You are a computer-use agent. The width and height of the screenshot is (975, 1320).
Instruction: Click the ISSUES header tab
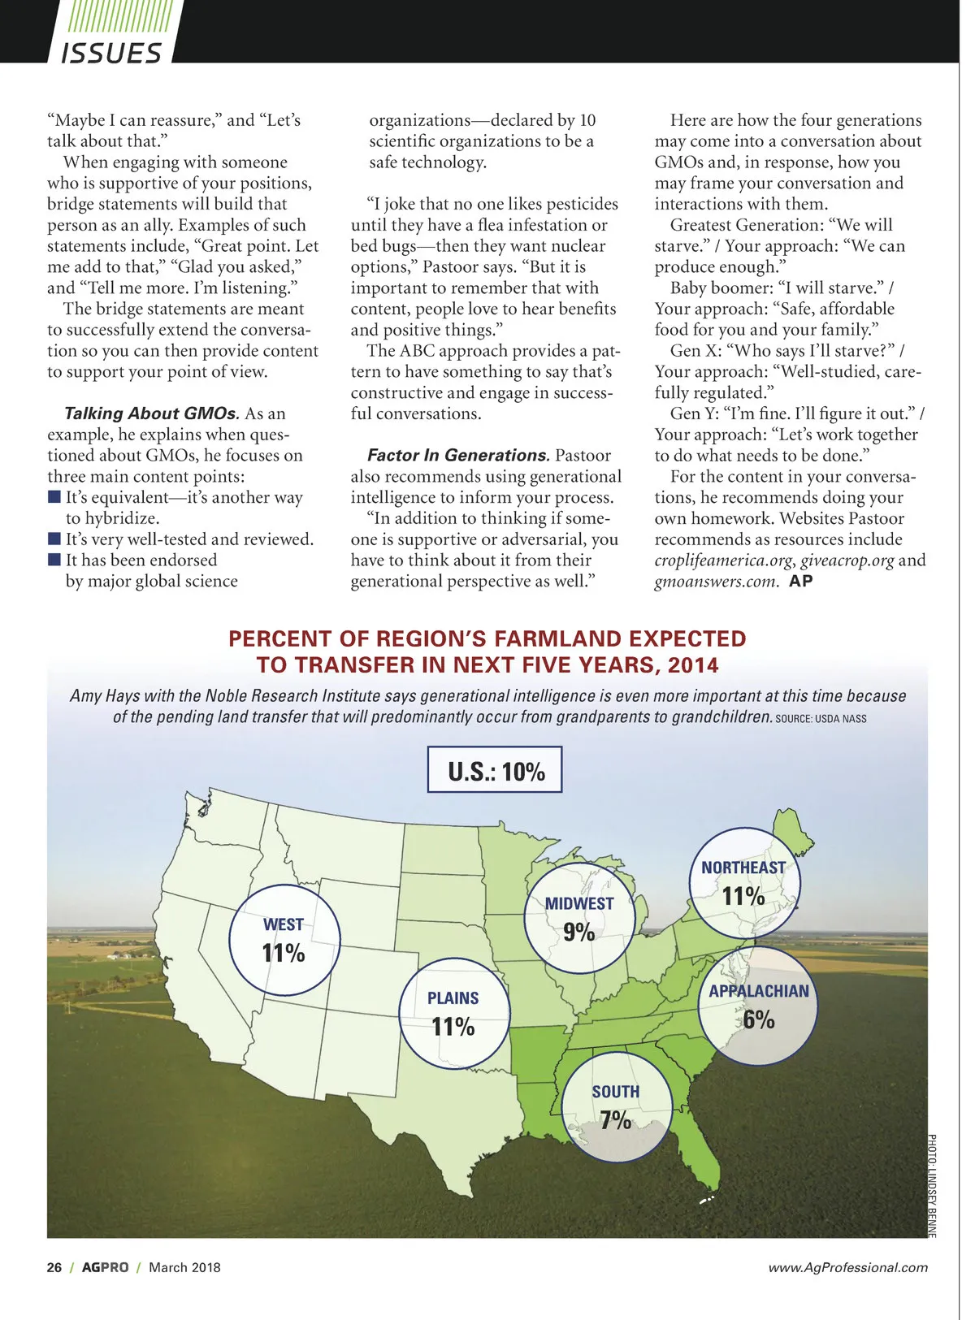point(111,52)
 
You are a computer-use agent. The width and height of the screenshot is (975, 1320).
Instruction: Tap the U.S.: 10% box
point(495,769)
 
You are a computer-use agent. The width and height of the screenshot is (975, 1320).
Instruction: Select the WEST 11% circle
point(284,940)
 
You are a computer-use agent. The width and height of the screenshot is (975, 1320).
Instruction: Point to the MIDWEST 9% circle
point(578,919)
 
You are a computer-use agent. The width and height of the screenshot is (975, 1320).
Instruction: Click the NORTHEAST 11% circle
point(743,883)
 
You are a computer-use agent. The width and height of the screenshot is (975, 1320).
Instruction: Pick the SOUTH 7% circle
point(616,1106)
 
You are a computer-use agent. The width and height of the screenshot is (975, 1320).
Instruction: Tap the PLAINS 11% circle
point(453,1014)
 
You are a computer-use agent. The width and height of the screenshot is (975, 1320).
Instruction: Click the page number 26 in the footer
point(54,1267)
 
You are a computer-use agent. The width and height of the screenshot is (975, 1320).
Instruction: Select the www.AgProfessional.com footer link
point(847,1267)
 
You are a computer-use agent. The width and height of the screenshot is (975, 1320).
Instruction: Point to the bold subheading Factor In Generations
point(458,456)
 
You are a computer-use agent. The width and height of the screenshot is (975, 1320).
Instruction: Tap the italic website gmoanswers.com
point(716,582)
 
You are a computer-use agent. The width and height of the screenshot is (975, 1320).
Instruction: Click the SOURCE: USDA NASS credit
point(821,719)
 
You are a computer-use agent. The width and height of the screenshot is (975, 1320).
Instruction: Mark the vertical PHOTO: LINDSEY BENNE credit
point(932,1186)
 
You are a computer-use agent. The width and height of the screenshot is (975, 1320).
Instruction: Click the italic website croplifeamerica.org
point(724,560)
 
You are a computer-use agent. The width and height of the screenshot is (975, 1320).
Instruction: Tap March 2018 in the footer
point(184,1267)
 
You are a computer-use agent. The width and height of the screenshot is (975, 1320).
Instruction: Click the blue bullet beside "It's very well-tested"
point(54,539)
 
